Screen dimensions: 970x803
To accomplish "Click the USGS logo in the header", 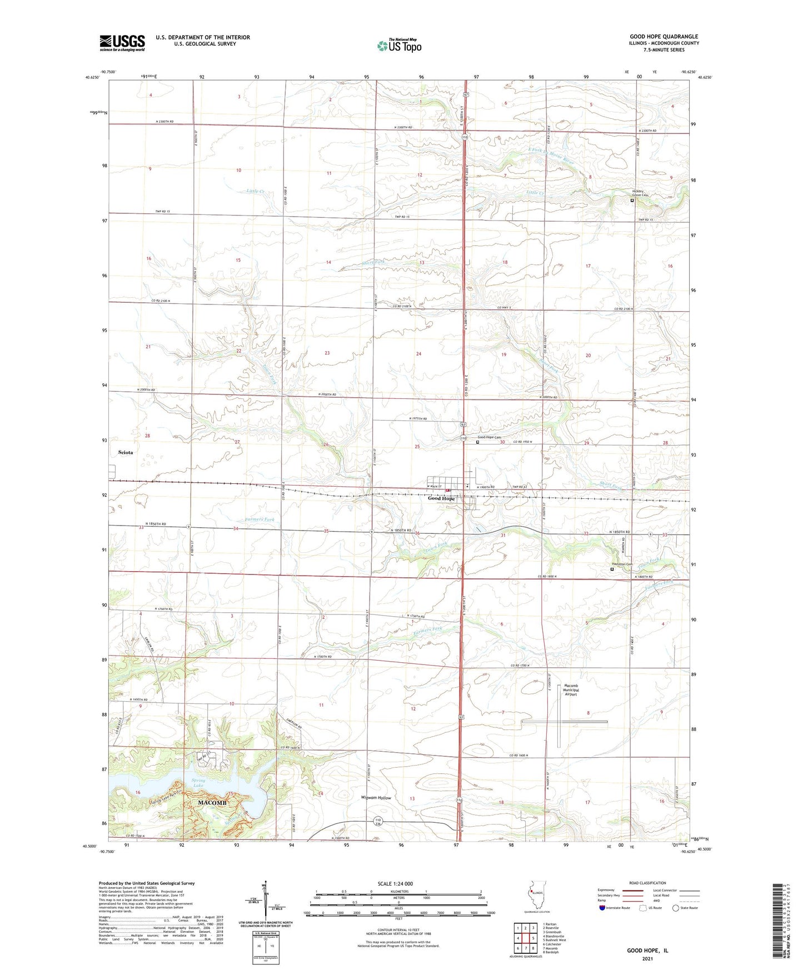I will pos(122,43).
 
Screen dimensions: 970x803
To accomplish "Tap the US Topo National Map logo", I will pos(399,46).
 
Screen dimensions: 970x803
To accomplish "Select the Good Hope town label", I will pos(441,499).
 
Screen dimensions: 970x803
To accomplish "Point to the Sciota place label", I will pos(126,452).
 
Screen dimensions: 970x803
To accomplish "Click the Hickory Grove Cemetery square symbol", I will pos(632,201).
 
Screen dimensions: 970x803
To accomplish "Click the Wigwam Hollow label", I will pos(376,798).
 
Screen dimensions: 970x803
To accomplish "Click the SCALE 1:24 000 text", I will pos(395,883).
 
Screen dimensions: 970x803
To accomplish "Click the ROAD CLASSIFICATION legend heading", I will pos(647,883).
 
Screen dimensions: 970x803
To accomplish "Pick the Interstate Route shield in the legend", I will pos(602,908).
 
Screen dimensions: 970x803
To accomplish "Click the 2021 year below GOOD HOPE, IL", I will pos(647,959).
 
